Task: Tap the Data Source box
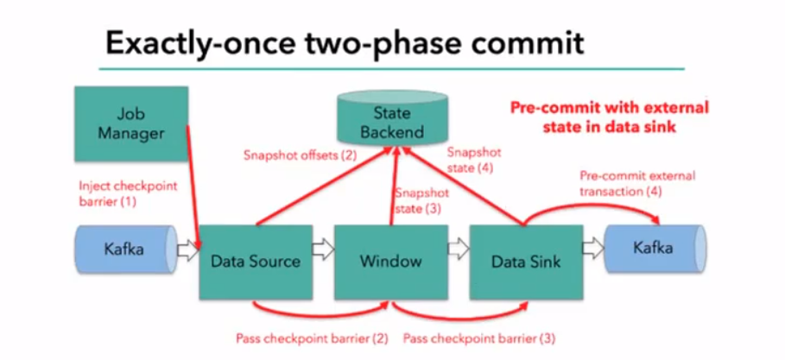256,261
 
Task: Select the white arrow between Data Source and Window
322,249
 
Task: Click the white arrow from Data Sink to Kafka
593,249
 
